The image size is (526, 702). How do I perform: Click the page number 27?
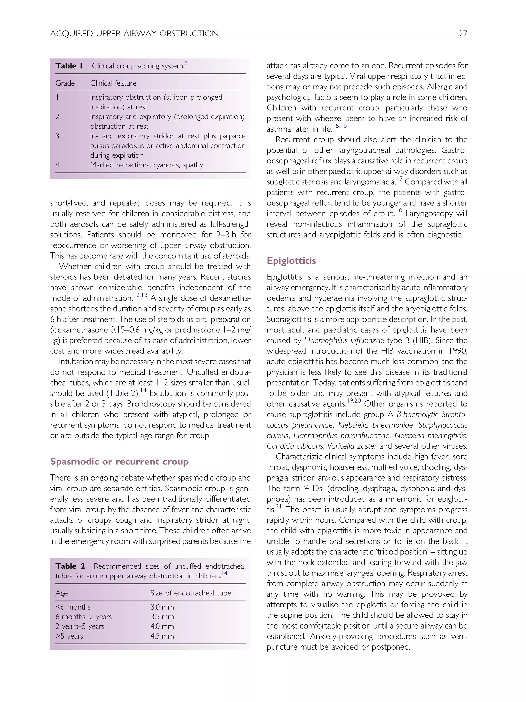click(x=463, y=34)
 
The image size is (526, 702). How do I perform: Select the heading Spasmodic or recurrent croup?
click(x=119, y=461)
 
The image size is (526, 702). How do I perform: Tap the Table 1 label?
click(x=69, y=66)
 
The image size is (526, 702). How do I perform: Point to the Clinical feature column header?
click(x=113, y=83)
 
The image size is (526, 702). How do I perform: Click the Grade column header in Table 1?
click(x=65, y=83)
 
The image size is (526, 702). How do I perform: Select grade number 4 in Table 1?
click(x=58, y=165)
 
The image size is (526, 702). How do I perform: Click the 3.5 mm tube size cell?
click(x=162, y=617)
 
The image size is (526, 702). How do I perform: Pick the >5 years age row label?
click(x=69, y=636)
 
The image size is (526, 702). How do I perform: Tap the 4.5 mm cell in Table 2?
click(x=162, y=636)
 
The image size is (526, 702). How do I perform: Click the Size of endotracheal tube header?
click(x=190, y=593)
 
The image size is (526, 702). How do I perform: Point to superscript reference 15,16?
click(x=340, y=126)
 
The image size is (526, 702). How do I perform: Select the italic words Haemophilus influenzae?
click(x=344, y=341)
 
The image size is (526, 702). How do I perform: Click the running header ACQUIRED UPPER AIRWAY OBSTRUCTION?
click(x=134, y=34)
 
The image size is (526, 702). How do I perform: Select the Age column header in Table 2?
click(x=62, y=593)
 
